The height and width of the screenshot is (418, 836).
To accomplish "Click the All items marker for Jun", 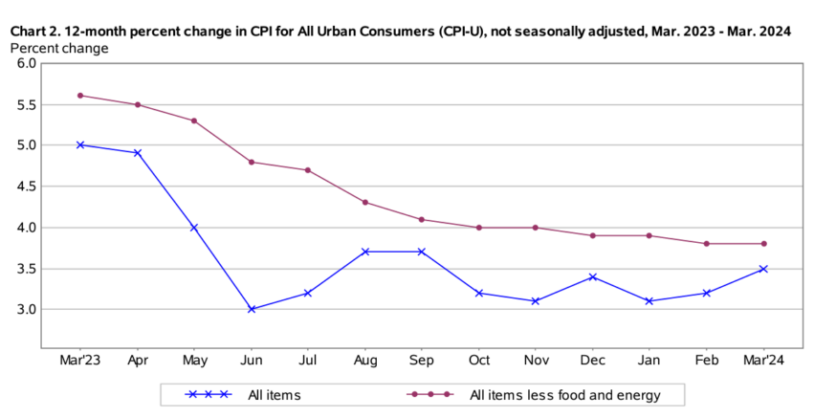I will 251,309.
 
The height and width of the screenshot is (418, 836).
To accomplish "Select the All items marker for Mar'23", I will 80,144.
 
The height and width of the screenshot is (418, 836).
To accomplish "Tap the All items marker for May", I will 194,227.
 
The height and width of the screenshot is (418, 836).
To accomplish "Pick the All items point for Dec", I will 593,276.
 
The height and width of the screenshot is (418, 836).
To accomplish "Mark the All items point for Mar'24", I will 763,269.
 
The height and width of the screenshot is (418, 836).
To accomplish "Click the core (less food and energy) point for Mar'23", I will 80,95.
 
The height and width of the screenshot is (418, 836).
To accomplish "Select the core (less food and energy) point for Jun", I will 251,162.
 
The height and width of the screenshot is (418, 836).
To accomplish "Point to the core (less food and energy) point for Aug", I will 365,202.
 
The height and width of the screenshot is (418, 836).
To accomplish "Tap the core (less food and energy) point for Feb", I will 707,243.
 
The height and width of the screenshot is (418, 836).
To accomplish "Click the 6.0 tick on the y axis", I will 26,63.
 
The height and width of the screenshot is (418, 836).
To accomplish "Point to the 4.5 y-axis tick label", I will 26,187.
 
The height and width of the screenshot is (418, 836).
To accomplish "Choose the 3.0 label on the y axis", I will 26,310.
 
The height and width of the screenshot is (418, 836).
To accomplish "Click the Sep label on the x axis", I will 422,360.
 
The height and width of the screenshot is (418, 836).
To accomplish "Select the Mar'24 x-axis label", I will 763,360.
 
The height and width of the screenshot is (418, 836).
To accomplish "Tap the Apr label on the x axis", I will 137,360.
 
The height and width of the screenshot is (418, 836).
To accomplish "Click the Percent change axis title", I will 58,48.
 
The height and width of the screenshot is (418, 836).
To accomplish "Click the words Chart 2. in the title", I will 35,32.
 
